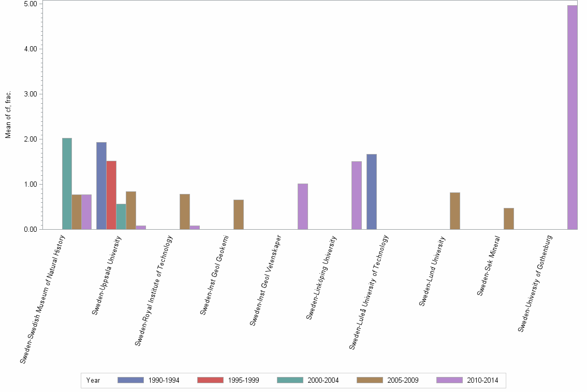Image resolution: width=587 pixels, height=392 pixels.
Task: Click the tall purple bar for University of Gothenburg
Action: (x=572, y=117)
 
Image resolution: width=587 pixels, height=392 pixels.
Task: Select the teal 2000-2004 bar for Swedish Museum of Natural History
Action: (x=67, y=184)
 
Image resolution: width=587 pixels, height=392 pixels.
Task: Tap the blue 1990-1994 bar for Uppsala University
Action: (x=101, y=186)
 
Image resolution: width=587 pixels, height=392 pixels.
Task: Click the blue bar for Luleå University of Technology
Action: (x=372, y=192)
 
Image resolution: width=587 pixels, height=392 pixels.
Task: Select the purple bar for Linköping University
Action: (x=357, y=195)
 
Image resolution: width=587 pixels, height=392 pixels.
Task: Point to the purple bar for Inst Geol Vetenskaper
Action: (x=303, y=206)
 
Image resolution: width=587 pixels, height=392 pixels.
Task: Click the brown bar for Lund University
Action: (x=455, y=211)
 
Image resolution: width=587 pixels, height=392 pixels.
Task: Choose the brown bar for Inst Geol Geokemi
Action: (x=239, y=215)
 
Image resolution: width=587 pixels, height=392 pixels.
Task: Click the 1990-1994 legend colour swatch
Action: (x=130, y=380)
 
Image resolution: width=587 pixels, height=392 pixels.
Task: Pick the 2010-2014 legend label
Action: (x=482, y=381)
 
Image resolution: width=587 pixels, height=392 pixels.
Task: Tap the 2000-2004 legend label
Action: (x=323, y=381)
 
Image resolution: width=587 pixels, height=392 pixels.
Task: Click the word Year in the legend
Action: (x=93, y=381)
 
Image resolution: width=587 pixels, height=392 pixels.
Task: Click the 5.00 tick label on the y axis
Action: (x=31, y=4)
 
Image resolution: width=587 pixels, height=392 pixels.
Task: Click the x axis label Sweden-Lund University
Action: (x=432, y=271)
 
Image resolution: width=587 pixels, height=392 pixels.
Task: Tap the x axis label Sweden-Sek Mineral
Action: (x=489, y=266)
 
